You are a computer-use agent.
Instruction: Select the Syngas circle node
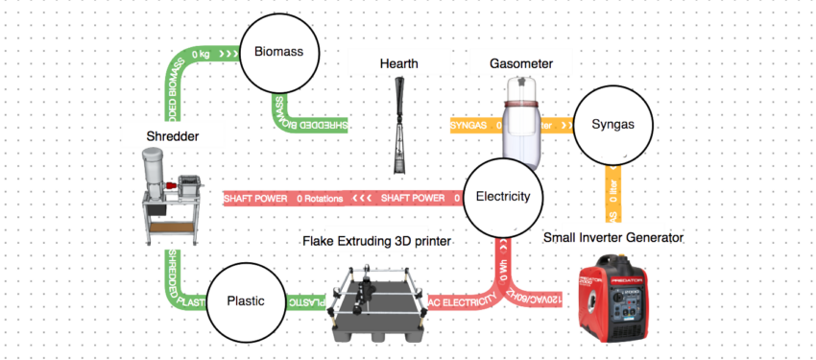click(x=612, y=125)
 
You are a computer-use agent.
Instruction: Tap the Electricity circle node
click(x=502, y=197)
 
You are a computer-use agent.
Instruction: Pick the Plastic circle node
click(x=246, y=301)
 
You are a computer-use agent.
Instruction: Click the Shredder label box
click(x=173, y=136)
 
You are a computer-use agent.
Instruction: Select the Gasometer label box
click(x=522, y=63)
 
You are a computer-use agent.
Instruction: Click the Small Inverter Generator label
click(x=613, y=236)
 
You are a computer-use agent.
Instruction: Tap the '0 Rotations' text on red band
click(x=320, y=198)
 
